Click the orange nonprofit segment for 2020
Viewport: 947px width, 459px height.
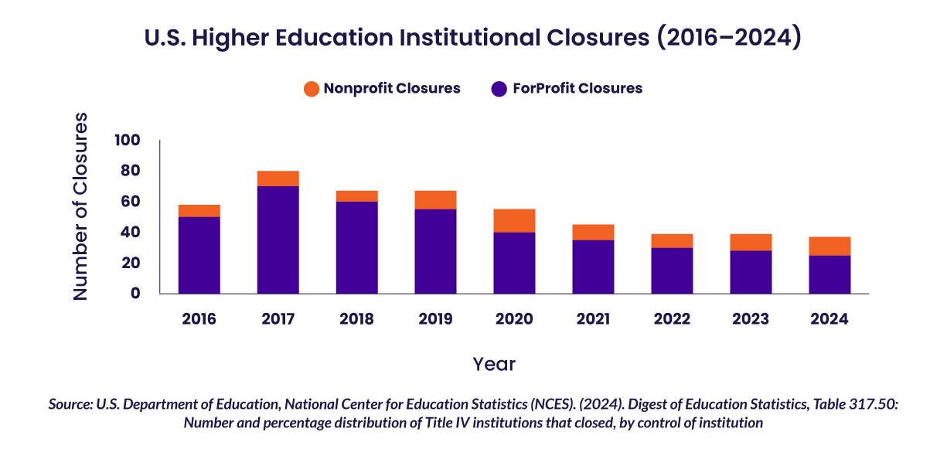pos(514,220)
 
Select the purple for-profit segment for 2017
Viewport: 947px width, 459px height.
pos(278,240)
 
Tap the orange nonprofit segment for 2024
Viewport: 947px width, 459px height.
pos(829,246)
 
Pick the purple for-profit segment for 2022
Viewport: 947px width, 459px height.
pos(672,270)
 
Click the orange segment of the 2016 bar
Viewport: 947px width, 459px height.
pos(199,211)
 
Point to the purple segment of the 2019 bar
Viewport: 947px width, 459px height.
pos(435,251)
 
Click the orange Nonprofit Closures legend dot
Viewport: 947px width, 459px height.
pos(311,89)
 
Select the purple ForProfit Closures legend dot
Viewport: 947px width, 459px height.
pos(499,89)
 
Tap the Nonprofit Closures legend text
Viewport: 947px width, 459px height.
pos(392,88)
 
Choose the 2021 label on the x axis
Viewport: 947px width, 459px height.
pos(593,319)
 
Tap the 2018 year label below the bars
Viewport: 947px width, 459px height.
pos(356,319)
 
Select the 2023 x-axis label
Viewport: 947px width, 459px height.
pos(751,319)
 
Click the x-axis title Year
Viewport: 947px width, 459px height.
pos(494,364)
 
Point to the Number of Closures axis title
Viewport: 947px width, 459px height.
pos(80,206)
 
